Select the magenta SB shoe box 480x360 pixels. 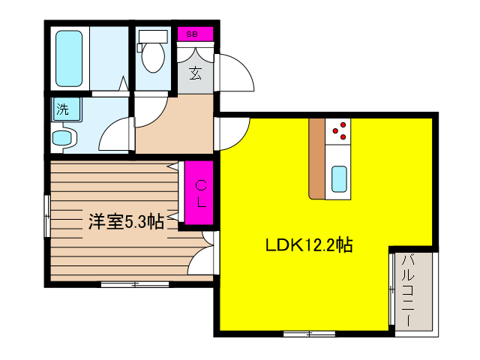(x=193, y=34)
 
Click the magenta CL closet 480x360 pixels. (x=200, y=193)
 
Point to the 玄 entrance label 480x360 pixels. (x=195, y=73)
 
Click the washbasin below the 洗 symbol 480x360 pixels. (x=64, y=138)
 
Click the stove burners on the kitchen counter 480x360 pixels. (x=339, y=130)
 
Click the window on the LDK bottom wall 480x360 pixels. (x=309, y=331)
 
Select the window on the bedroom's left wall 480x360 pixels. (x=46, y=217)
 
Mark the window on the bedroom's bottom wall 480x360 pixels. (x=135, y=283)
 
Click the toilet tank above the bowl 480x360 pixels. (x=153, y=36)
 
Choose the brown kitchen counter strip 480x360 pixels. (x=316, y=157)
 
